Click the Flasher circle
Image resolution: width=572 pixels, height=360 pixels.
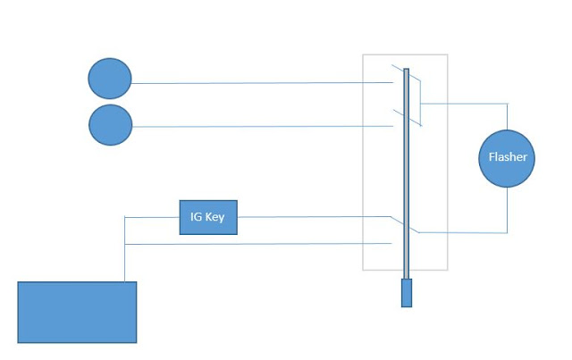point(507,158)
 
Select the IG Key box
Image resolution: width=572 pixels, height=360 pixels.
point(208,217)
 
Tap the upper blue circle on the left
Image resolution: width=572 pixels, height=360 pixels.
point(110,80)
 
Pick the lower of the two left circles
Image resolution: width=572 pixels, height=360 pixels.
point(110,125)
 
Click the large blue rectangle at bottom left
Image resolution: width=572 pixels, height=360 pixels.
point(77,312)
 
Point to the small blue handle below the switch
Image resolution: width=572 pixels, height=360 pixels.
point(407,293)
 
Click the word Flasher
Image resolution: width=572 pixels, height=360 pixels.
point(507,157)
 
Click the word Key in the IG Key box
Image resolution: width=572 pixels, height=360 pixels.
point(215,217)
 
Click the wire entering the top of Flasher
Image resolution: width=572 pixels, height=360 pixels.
point(507,116)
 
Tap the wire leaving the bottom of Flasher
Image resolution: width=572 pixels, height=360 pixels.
point(507,210)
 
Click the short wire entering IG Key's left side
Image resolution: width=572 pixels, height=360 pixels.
point(152,216)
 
